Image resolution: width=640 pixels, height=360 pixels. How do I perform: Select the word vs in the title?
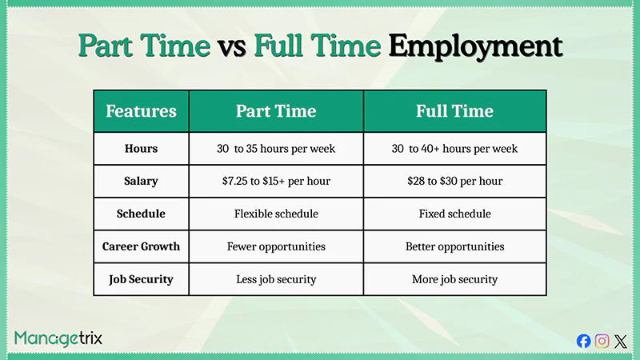click(234, 46)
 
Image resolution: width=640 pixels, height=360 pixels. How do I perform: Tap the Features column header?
click(141, 111)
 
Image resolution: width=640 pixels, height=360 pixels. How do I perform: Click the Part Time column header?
click(276, 111)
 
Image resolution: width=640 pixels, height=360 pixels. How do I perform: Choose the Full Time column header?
click(454, 111)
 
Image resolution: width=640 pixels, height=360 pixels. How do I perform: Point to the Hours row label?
click(141, 149)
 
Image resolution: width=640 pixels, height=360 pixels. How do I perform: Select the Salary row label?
click(141, 182)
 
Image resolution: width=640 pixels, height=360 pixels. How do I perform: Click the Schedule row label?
click(141, 214)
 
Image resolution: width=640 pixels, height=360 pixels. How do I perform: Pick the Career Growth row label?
click(141, 247)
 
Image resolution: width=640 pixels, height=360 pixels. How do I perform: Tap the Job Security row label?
click(141, 280)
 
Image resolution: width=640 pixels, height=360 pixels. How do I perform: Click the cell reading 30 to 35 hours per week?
click(276, 149)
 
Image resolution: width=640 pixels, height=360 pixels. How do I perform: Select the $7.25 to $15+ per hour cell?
click(276, 182)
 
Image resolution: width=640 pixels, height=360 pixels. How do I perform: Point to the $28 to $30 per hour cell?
click(454, 182)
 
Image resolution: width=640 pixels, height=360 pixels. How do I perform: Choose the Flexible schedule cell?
click(276, 214)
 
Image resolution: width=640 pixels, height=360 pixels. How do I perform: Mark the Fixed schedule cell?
click(454, 214)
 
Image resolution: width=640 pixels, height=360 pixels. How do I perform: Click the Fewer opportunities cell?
click(276, 247)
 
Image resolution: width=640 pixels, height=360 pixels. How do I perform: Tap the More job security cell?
click(454, 280)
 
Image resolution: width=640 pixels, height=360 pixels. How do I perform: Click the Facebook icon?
click(584, 341)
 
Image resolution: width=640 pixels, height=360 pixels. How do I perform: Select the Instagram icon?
click(602, 341)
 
